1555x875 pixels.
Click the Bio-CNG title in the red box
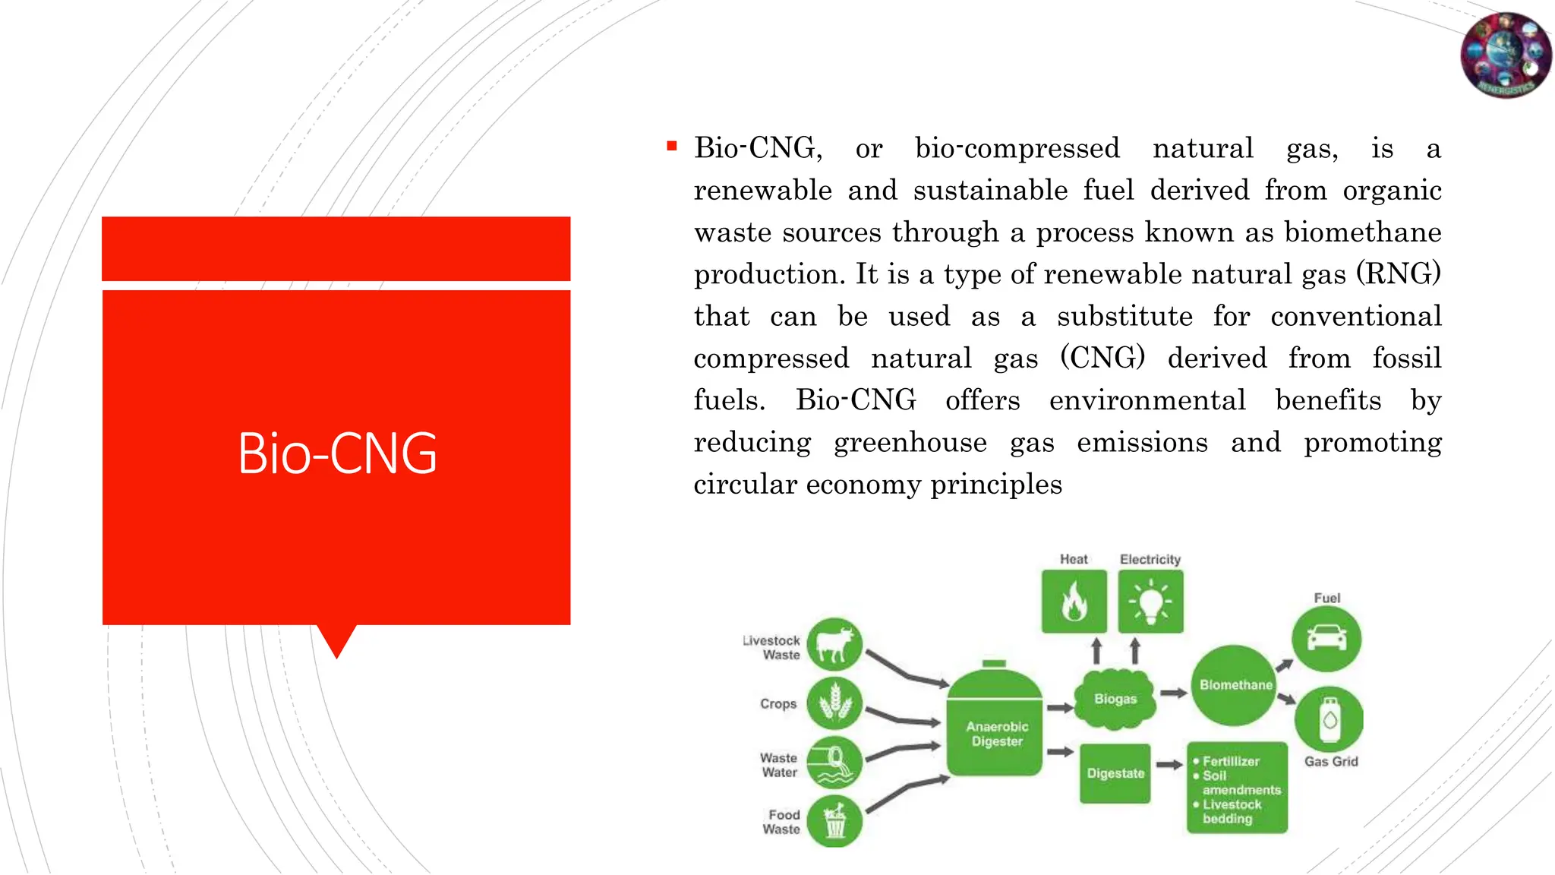click(337, 453)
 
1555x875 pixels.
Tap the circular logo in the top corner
click(1506, 55)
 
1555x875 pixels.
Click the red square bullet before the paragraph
click(672, 146)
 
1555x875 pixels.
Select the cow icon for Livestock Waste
click(834, 644)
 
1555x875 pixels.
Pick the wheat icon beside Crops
click(834, 703)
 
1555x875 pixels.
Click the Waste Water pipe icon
click(834, 763)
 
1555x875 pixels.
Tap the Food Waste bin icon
click(834, 821)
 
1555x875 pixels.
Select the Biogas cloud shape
click(1115, 698)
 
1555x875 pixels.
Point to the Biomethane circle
click(1235, 685)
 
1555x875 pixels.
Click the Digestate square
click(1115, 773)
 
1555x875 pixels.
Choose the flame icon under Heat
click(1074, 602)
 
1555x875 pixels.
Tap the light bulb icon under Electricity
click(1150, 602)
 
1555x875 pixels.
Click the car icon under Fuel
click(1326, 638)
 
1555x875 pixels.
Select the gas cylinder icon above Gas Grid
click(1329, 719)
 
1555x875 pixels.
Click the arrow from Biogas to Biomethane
click(1173, 693)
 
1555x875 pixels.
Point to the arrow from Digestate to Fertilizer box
click(1169, 765)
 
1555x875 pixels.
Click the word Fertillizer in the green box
click(1231, 761)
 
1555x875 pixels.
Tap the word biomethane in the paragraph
click(1362, 232)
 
